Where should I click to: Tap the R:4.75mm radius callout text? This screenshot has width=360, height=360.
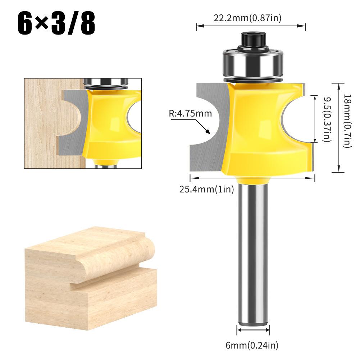190,114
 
